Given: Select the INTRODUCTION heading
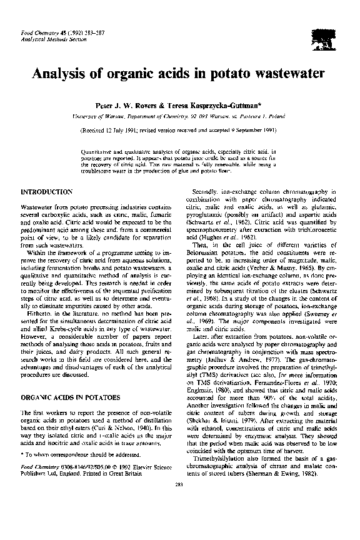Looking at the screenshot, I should (x=47, y=190).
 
